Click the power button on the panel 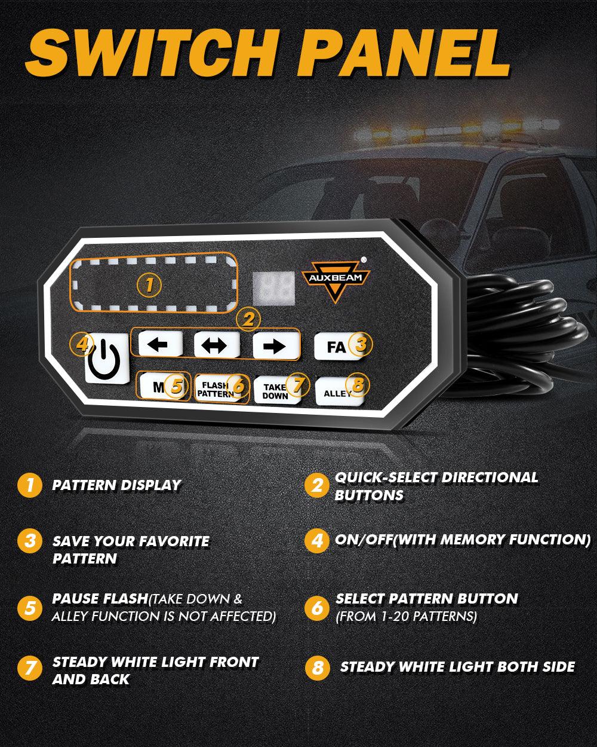(x=106, y=358)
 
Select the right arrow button (x=274, y=347)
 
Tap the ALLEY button (x=338, y=391)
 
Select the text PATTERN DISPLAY (x=116, y=485)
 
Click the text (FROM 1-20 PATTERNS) (x=406, y=617)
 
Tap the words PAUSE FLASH (x=100, y=599)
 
